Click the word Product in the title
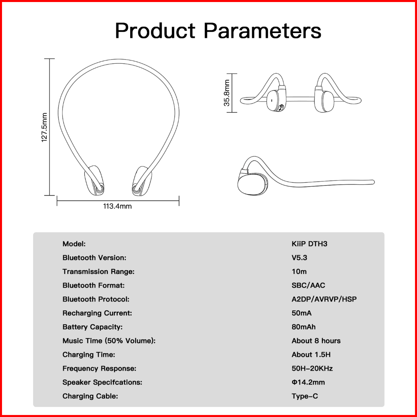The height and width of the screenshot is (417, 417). tap(155, 31)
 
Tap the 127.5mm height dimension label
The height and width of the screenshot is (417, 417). tap(44, 127)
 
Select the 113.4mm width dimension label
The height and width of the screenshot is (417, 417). tap(117, 206)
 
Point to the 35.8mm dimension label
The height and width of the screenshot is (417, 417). tap(227, 93)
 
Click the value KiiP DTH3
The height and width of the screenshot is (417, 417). tap(309, 244)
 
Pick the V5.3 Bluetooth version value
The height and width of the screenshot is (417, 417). tap(299, 258)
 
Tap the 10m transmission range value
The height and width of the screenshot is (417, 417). tap(299, 271)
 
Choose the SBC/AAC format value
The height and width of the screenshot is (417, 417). tap(308, 286)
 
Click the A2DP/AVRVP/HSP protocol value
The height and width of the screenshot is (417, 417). tap(324, 299)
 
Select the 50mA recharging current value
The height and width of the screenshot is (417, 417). tap(302, 313)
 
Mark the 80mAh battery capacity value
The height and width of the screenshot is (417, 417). tap(304, 327)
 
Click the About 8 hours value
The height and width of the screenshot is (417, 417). tap(316, 341)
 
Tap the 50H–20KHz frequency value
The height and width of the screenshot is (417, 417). tap(312, 368)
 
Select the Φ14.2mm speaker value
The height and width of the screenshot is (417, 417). tap(308, 382)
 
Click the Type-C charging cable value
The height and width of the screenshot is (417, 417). tap(304, 396)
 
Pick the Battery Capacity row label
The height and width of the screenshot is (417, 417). tap(92, 327)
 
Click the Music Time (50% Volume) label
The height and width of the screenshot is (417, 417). tap(109, 341)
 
